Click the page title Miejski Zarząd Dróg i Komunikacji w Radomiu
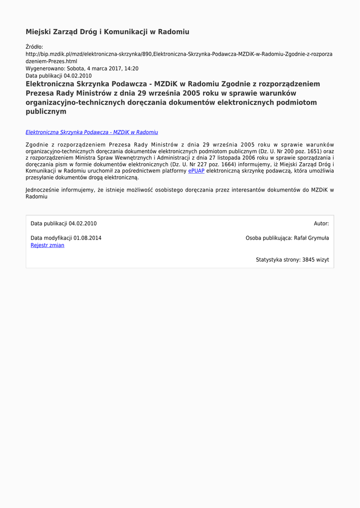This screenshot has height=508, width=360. pos(107,32)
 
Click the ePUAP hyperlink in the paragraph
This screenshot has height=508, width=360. pos(196,171)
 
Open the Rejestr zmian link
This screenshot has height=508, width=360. pos(47,245)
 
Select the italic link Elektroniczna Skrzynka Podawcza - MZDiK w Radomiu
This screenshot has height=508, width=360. pos(91,132)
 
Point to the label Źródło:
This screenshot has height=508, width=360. pos(34,47)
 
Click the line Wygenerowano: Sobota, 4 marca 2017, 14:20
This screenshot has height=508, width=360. pos(82,68)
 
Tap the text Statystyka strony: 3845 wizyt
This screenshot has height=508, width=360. pos(292,259)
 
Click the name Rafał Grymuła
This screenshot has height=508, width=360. pos(311,238)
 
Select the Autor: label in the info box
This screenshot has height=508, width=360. pos(321,224)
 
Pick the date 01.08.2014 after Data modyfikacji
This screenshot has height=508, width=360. pos(87,238)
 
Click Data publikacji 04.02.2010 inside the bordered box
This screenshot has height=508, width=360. pos(64,224)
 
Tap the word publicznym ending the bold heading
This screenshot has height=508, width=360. pos(46,112)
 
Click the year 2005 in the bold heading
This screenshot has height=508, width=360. pos(192,93)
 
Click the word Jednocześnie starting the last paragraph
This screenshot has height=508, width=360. pos(42,190)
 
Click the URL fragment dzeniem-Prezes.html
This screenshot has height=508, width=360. pos(51,62)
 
